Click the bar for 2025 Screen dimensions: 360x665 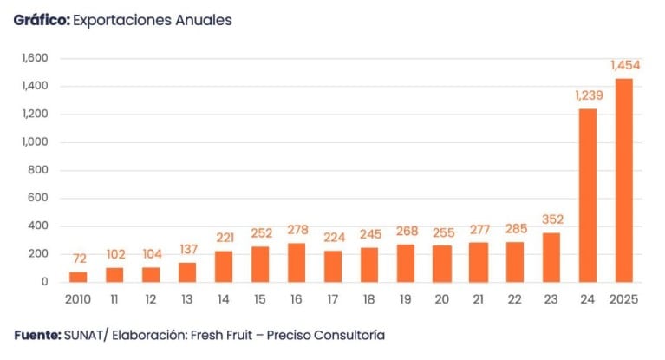(x=623, y=180)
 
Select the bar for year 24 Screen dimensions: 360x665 (x=587, y=195)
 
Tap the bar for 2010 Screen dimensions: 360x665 (x=78, y=277)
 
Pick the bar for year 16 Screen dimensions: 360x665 (x=296, y=262)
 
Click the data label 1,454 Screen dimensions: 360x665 (x=624, y=65)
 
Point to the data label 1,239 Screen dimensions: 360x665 (x=587, y=95)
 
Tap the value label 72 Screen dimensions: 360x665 (x=78, y=259)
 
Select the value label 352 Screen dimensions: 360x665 (x=551, y=219)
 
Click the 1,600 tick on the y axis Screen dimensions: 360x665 (x=35, y=58)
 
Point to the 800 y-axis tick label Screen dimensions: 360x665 (x=38, y=170)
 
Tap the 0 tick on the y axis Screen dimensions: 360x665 (x=43, y=282)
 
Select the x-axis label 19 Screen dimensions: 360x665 (x=406, y=299)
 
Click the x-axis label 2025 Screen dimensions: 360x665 (x=624, y=299)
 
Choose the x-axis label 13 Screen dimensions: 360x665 (x=187, y=299)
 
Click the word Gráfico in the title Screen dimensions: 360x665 (x=41, y=20)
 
